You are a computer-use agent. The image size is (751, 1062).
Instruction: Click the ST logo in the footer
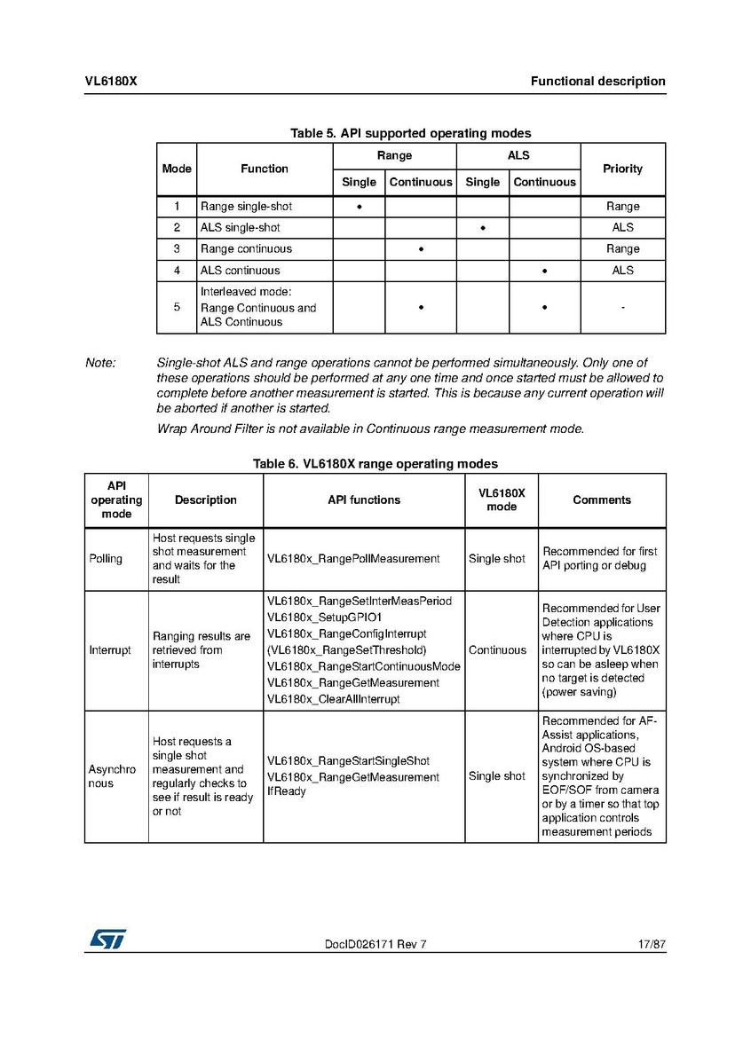[107, 938]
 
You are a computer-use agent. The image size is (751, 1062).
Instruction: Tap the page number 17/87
[651, 944]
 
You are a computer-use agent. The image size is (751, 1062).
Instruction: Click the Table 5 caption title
[410, 133]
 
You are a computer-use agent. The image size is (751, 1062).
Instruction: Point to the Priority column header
[622, 169]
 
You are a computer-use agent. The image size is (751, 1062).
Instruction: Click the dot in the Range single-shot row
[360, 207]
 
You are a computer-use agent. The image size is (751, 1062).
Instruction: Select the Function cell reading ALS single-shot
[241, 228]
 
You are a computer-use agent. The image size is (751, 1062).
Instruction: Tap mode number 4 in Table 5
[177, 271]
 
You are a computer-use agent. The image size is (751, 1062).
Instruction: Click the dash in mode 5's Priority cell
[622, 308]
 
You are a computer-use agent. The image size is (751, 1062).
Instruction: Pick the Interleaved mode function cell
[258, 307]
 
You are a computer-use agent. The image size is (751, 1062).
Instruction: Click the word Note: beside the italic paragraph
[100, 363]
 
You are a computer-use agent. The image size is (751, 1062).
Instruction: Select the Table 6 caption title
[375, 464]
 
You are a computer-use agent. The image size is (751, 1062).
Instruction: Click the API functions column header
[364, 500]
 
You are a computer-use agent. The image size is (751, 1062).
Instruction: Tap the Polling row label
[106, 559]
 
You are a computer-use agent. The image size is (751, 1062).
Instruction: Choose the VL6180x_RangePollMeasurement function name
[353, 559]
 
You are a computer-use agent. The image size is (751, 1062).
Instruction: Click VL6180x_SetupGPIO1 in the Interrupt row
[324, 618]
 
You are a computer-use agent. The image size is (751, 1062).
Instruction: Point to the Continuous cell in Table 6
[497, 650]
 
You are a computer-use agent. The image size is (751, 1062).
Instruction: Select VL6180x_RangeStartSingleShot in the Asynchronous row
[348, 761]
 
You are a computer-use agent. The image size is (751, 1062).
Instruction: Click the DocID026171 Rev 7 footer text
[375, 944]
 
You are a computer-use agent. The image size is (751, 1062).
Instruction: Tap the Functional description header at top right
[597, 82]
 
